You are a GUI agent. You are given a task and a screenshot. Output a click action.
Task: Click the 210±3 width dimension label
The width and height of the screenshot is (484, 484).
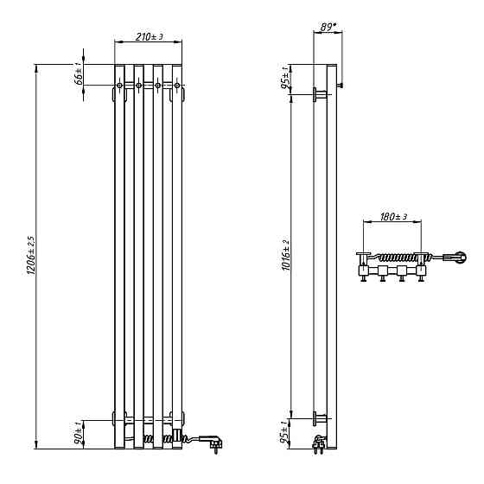click(x=149, y=36)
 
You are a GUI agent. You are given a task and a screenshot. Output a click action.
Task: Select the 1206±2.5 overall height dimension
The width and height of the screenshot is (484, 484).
click(x=31, y=255)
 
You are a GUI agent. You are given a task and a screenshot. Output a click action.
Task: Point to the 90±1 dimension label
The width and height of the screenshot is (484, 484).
click(x=79, y=433)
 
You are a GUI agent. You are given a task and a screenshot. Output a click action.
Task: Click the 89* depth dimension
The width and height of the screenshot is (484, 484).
click(x=328, y=27)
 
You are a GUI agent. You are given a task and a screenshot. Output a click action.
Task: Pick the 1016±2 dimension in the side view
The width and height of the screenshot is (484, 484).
click(x=286, y=255)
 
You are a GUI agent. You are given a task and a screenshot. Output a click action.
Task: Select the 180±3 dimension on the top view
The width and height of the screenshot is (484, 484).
click(x=393, y=217)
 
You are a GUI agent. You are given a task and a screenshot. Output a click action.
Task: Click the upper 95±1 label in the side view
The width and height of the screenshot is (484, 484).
click(x=285, y=77)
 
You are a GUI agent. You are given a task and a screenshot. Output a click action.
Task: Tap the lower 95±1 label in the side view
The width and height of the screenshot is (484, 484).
click(x=284, y=431)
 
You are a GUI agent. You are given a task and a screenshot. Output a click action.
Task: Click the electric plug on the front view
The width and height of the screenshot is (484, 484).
click(x=212, y=442)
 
